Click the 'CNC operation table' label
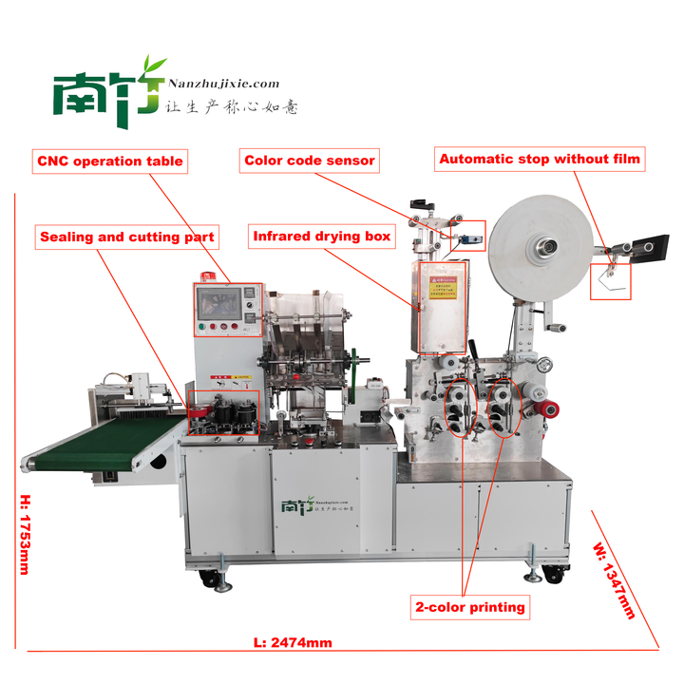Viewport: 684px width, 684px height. click(110, 161)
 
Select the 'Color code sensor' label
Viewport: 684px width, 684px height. click(310, 161)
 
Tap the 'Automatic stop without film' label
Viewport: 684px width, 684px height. click(541, 160)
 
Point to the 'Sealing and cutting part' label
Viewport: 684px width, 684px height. click(127, 237)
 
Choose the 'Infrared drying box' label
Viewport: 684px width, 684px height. click(322, 237)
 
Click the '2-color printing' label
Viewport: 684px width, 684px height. click(468, 606)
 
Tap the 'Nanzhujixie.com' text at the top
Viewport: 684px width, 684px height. click(224, 85)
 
